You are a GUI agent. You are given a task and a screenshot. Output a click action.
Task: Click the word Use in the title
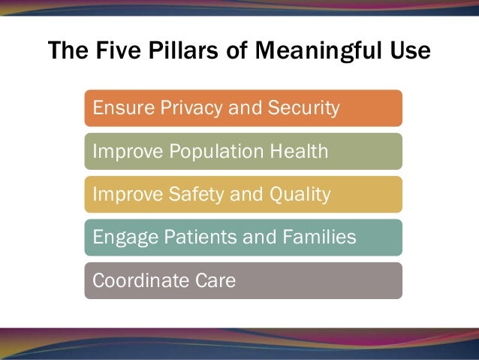click(409, 51)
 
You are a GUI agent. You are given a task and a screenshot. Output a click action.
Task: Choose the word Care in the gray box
click(215, 281)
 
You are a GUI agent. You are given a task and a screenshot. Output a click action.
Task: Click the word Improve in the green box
click(122, 151)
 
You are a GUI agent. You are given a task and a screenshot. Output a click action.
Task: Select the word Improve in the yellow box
click(122, 195)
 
